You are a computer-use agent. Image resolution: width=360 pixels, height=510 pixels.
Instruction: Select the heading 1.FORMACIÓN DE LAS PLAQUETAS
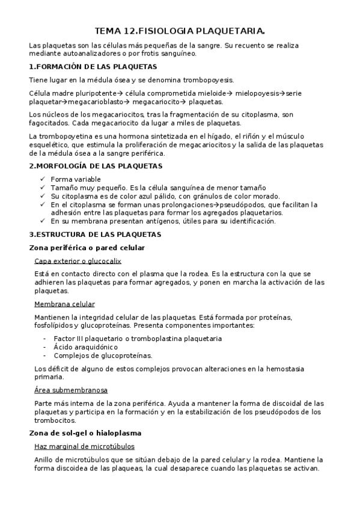tap(93, 67)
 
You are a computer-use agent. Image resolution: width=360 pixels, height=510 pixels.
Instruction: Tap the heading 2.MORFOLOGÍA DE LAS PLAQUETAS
tap(96, 165)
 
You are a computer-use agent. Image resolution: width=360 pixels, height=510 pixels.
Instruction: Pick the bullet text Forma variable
tap(76, 179)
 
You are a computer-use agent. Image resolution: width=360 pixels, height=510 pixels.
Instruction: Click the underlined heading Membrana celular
tap(64, 304)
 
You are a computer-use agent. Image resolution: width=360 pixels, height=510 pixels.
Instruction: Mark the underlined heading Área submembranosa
tap(71, 390)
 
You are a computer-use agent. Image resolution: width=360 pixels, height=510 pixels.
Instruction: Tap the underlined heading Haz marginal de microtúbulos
tap(84, 446)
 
